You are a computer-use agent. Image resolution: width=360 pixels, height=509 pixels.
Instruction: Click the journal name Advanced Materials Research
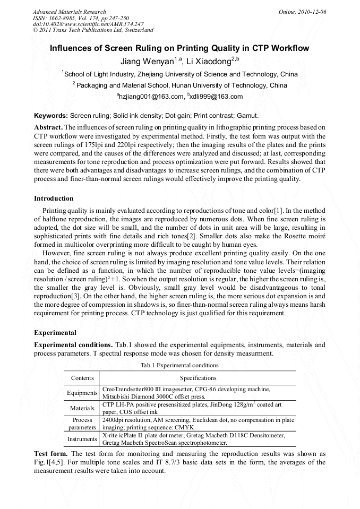pyautogui.click(x=69, y=12)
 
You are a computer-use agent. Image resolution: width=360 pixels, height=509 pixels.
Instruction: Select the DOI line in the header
pyautogui.click(x=88, y=24)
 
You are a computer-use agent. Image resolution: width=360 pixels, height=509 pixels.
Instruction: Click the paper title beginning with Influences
pyautogui.click(x=179, y=48)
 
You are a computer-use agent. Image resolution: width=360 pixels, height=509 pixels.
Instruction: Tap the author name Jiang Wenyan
pyautogui.click(x=147, y=62)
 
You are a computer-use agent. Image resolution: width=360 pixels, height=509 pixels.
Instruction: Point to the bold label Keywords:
pyautogui.click(x=51, y=115)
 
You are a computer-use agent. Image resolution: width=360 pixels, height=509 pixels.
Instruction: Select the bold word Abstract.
pyautogui.click(x=48, y=127)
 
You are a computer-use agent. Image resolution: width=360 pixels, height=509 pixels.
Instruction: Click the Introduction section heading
pyautogui.click(x=54, y=199)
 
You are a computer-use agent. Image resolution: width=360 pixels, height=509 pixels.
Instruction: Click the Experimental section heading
pyautogui.click(x=55, y=333)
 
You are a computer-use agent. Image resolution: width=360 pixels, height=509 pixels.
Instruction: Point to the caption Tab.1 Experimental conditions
pyautogui.click(x=179, y=366)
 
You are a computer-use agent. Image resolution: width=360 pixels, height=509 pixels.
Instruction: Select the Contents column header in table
pyautogui.click(x=82, y=378)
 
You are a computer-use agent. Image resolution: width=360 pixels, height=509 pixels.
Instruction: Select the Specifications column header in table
pyautogui.click(x=198, y=378)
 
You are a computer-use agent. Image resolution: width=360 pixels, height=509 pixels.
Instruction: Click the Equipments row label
pyautogui.click(x=82, y=393)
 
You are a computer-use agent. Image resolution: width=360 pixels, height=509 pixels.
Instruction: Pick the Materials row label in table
pyautogui.click(x=82, y=408)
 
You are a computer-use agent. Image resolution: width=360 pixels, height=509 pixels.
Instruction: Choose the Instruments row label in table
pyautogui.click(x=82, y=439)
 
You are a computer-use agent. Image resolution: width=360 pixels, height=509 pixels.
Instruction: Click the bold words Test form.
pyautogui.click(x=50, y=454)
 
